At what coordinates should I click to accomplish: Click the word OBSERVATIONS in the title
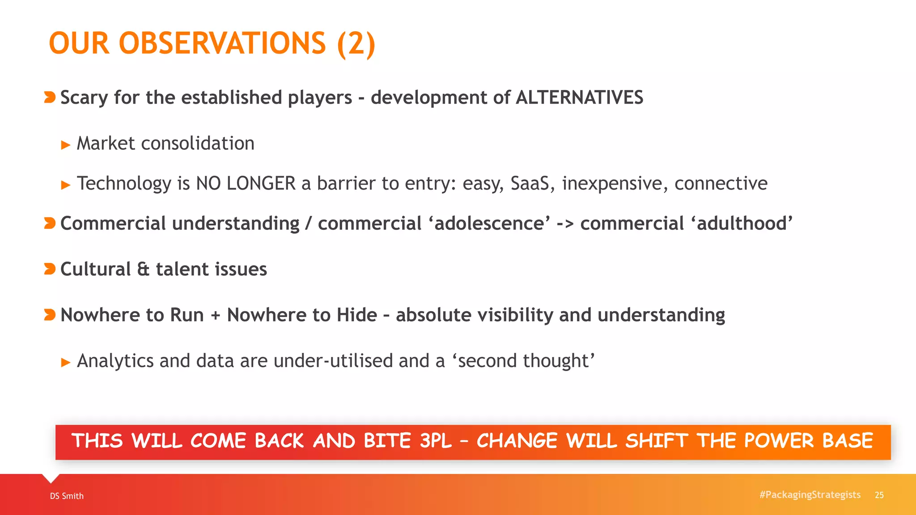coord(222,43)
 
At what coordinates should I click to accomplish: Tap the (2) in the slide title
coord(356,43)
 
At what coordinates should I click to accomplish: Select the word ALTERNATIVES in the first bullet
coord(579,97)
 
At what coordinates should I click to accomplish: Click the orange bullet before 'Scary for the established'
coord(50,97)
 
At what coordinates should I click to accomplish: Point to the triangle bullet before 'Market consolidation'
coord(66,145)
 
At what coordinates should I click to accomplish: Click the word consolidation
coord(197,144)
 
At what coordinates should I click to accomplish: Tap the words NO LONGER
coord(246,183)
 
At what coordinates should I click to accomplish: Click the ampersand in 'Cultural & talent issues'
coord(143,269)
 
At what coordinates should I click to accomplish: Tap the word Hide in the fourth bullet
coord(357,315)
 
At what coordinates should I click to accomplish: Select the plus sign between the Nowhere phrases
coord(216,316)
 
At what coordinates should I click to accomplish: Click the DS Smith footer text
coord(67,496)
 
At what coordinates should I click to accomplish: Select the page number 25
coord(879,495)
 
